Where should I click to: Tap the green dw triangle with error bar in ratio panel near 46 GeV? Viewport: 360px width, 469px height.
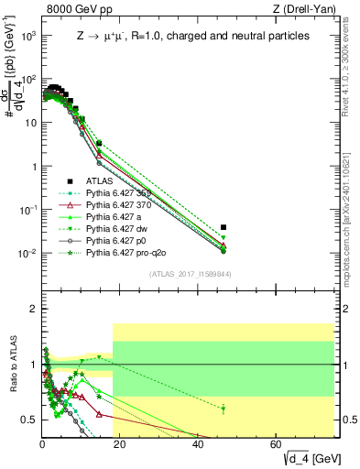[x=224, y=409]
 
